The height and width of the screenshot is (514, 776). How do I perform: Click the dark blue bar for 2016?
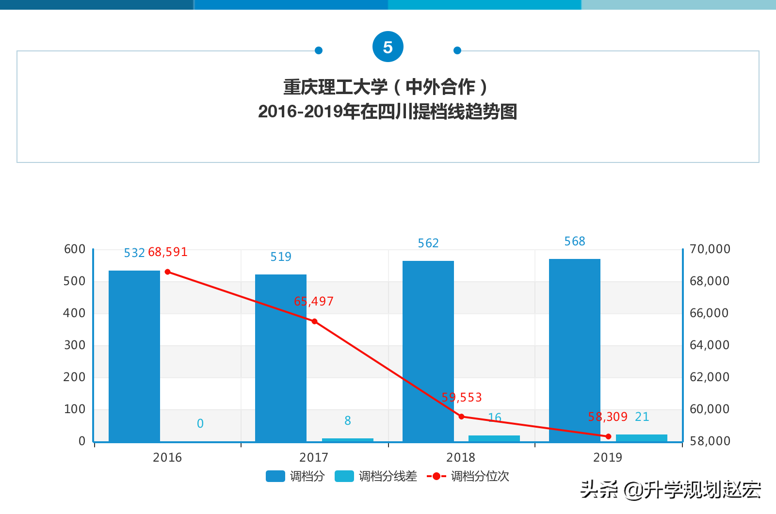[134, 356]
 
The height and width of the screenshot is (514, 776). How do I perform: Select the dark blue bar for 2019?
[575, 350]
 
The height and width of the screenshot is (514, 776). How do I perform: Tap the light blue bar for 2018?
[494, 438]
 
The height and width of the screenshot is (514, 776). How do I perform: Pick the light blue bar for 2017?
[348, 440]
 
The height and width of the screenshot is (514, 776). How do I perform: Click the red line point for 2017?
[314, 321]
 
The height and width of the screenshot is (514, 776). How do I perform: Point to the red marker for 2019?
[609, 436]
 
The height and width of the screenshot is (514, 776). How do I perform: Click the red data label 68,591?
[167, 252]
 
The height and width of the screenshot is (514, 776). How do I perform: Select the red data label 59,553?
[462, 398]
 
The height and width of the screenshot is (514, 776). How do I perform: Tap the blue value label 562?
[428, 243]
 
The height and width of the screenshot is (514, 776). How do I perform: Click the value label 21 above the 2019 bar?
[642, 417]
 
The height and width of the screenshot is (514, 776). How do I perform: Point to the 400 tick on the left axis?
[74, 313]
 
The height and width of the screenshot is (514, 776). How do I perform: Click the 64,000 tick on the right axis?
[709, 345]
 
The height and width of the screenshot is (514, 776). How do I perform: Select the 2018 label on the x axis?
[461, 457]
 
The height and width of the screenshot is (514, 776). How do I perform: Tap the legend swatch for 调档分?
[275, 476]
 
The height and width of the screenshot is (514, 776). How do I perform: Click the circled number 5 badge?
[388, 47]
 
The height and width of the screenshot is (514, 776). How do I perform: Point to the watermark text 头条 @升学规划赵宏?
[670, 490]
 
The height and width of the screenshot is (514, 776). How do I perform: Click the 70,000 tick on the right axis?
[710, 249]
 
